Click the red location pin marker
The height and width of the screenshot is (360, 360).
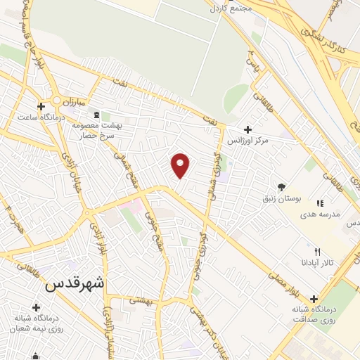(181, 165)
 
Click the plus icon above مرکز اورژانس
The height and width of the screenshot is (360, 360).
(247, 129)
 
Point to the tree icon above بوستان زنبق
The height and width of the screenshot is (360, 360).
(282, 187)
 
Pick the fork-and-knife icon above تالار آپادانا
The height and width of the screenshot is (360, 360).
(317, 251)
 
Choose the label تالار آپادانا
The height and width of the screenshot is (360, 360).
(316, 262)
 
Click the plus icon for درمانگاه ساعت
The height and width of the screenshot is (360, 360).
(41, 106)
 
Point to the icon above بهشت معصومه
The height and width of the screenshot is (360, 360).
(97, 115)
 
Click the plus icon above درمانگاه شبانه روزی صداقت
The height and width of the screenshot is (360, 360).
(314, 298)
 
